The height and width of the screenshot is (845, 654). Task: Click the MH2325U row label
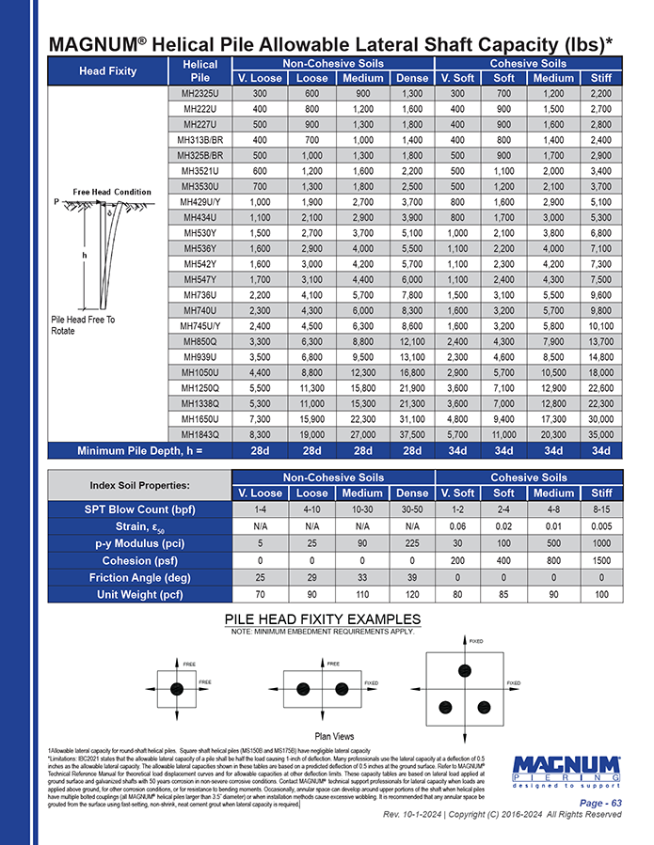pos(199,94)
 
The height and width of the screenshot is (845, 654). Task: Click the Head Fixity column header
pos(107,70)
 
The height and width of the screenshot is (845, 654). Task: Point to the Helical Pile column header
pos(199,70)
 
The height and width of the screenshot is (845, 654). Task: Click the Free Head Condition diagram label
pos(113,192)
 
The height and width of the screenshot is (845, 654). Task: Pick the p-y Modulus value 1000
pos(601,543)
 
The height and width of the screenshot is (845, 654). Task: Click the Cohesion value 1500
pos(601,560)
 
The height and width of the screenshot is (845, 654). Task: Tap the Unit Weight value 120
pos(411,594)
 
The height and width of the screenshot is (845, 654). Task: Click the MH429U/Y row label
pos(199,201)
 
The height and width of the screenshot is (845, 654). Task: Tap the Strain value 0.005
pos(601,526)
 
